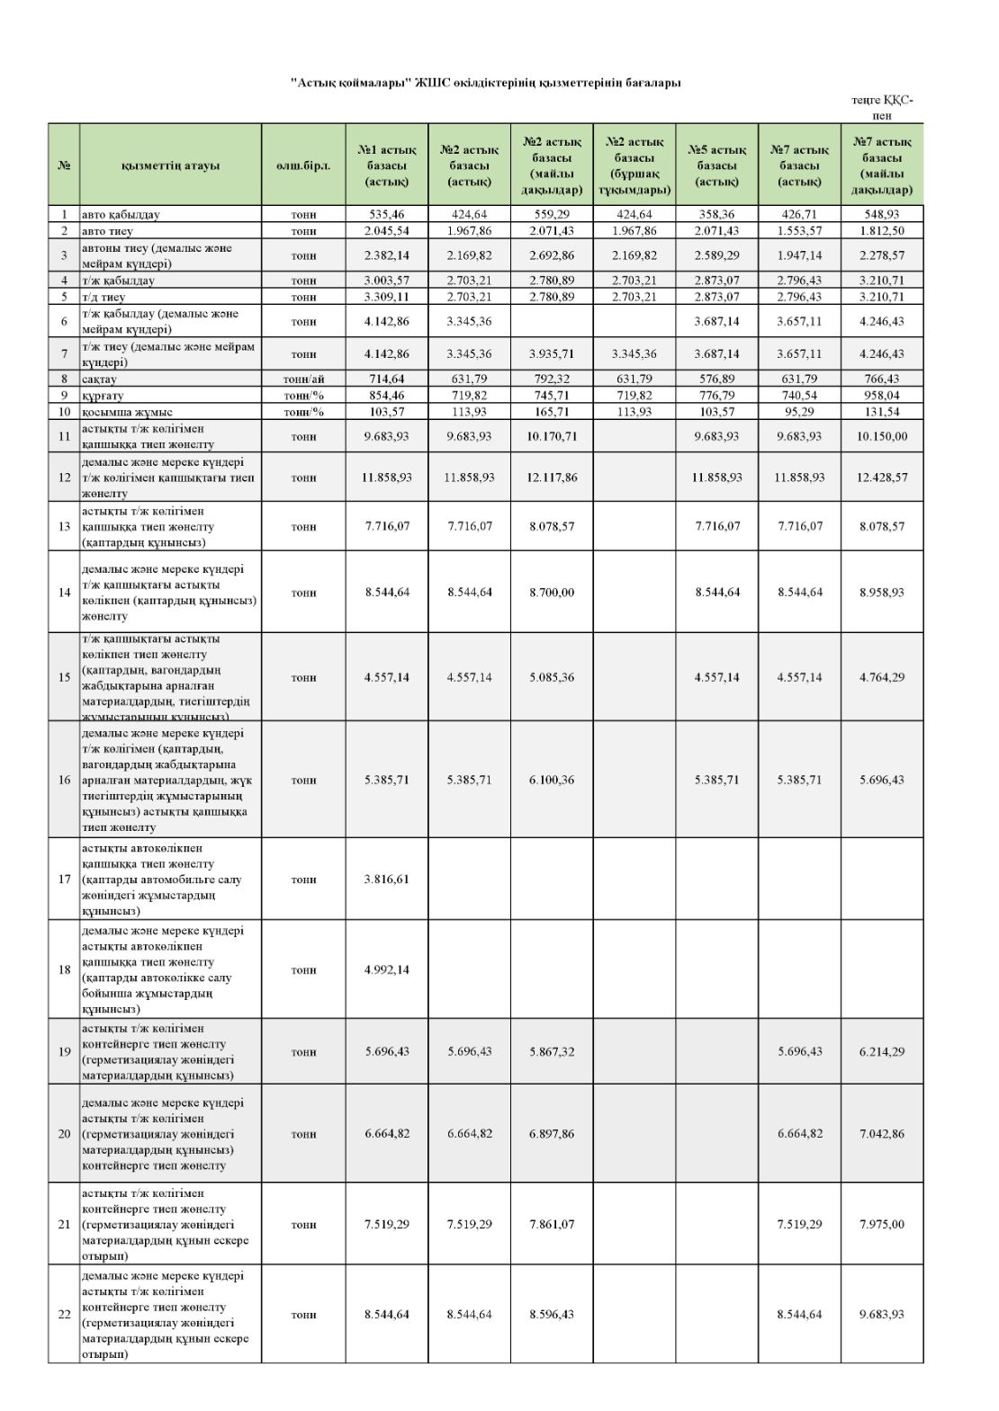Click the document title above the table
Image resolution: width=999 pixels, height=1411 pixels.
point(486,83)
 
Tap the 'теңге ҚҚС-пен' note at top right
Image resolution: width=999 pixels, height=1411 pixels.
point(882,108)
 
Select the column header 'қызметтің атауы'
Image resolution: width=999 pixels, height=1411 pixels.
point(170,165)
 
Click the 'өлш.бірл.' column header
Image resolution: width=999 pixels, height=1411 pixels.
point(303,165)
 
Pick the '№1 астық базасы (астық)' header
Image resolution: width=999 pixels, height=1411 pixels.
point(387,165)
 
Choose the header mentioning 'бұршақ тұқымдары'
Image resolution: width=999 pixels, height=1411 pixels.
point(634,165)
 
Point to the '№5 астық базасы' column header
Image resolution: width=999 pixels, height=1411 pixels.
point(716,165)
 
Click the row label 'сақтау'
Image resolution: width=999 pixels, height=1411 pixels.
point(100,380)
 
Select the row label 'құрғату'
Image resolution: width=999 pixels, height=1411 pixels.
point(103,396)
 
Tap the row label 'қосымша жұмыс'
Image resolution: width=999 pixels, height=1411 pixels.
point(127,412)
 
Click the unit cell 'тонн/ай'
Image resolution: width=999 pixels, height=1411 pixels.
point(303,380)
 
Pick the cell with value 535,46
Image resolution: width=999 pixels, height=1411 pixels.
point(387,215)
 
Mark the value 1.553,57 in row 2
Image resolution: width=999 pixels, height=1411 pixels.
point(799,231)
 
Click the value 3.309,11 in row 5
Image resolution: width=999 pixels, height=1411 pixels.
point(387,297)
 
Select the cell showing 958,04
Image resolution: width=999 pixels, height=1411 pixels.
point(882,396)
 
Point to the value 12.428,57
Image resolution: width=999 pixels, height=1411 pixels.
point(882,478)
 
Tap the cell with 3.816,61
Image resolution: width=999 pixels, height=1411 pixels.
point(387,880)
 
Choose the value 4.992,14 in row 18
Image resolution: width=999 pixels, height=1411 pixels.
point(387,970)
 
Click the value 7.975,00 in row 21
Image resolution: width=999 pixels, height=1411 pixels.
point(882,1225)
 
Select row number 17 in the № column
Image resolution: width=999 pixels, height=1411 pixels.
point(64,880)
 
